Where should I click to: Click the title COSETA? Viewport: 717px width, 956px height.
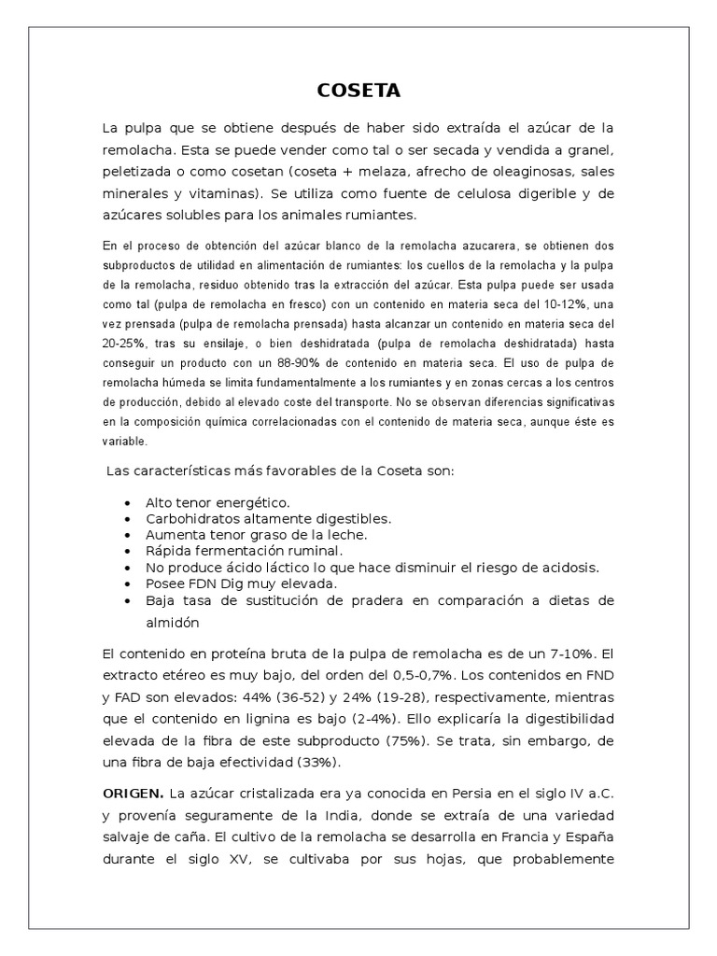click(x=358, y=91)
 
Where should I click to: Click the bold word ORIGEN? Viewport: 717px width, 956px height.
click(x=133, y=794)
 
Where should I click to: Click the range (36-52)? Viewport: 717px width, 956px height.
click(x=341, y=697)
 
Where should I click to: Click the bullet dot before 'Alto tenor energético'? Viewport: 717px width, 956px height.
click(x=127, y=503)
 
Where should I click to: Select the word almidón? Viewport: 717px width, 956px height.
click(x=173, y=622)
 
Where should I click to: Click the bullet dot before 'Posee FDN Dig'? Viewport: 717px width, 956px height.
click(x=127, y=583)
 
